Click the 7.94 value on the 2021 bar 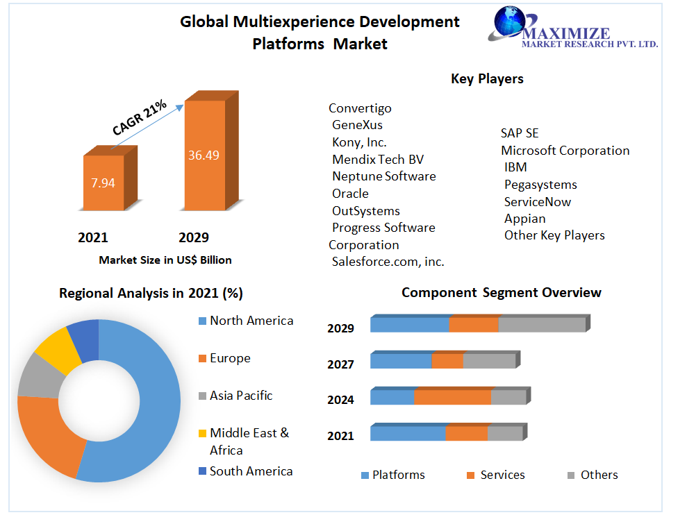(103, 183)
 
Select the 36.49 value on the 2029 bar (204, 155)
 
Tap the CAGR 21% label (140, 117)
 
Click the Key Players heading (487, 78)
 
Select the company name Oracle (350, 194)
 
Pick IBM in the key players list (515, 167)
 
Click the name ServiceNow (538, 201)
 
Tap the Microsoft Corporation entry (565, 151)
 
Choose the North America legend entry (251, 321)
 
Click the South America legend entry (251, 471)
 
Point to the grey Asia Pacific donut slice (34, 377)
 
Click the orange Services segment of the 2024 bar (452, 397)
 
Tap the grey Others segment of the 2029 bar (542, 324)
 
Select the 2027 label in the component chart (340, 364)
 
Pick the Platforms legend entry (398, 475)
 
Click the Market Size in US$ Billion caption (165, 260)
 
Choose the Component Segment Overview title (501, 293)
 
